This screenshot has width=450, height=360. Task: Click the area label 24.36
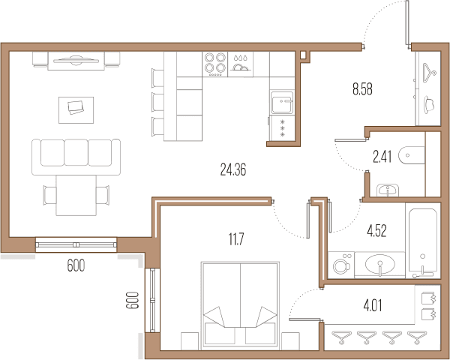tap(233, 169)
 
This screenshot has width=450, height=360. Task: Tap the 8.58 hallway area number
tap(362, 89)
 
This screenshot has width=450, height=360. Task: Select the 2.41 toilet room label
tap(382, 157)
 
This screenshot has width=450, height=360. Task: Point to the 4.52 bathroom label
tap(376, 231)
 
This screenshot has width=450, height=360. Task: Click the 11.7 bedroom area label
tap(236, 239)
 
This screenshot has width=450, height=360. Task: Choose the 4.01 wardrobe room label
tap(373, 305)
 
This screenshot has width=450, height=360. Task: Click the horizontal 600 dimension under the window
tap(76, 265)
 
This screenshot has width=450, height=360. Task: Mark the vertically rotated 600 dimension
tap(132, 300)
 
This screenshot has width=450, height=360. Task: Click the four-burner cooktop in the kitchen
tap(215, 64)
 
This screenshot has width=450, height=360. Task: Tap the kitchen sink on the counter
tap(282, 103)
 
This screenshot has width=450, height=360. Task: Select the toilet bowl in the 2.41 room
tap(412, 155)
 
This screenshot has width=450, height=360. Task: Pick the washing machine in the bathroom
tap(341, 265)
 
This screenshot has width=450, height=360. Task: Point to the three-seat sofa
tap(76, 157)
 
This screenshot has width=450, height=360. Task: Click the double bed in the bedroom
tap(240, 305)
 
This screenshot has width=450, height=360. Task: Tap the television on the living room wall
tap(76, 60)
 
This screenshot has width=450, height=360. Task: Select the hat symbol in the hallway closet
tap(429, 105)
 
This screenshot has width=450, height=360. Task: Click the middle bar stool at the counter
tap(157, 102)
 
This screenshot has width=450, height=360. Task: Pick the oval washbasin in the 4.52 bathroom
tap(379, 265)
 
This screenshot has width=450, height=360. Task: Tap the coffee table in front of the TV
tap(76, 110)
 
